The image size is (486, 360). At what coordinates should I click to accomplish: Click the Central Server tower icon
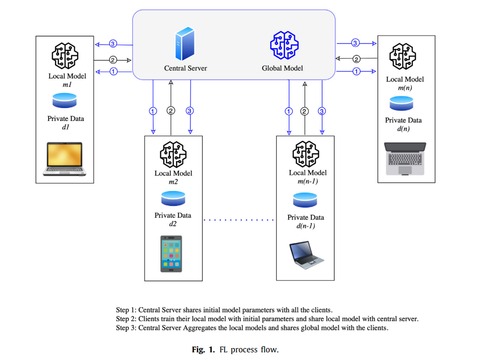(x=185, y=43)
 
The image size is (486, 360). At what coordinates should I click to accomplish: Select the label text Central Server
(x=185, y=68)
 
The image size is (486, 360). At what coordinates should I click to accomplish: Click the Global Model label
(x=282, y=68)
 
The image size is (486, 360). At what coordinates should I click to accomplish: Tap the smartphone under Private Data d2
(x=171, y=254)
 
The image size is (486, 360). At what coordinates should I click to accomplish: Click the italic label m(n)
(x=404, y=88)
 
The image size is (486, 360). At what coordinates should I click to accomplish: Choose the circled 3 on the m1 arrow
(x=113, y=44)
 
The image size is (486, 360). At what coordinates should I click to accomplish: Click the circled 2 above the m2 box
(x=171, y=111)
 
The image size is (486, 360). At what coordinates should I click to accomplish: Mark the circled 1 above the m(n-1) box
(x=288, y=111)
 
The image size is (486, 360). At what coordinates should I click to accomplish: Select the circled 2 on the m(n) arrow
(x=356, y=59)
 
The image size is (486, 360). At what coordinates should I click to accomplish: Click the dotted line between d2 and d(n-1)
(x=238, y=220)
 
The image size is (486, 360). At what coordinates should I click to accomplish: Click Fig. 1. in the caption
(x=203, y=349)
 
